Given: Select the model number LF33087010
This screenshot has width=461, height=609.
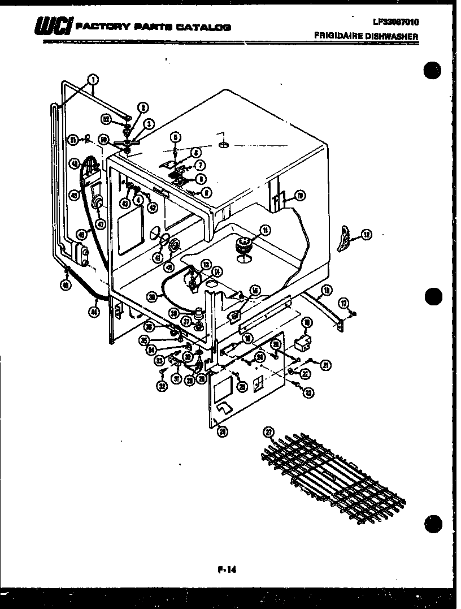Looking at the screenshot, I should pyautogui.click(x=395, y=22).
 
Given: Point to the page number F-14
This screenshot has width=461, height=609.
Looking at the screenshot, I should pyautogui.click(x=225, y=569).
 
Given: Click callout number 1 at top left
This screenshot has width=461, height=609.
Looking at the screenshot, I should pyautogui.click(x=93, y=79).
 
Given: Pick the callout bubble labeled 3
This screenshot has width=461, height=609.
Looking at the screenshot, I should pyautogui.click(x=149, y=123).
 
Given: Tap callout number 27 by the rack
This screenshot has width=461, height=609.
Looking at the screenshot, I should pyautogui.click(x=269, y=433).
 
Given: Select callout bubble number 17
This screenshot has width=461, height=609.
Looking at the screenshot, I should pyautogui.click(x=343, y=303).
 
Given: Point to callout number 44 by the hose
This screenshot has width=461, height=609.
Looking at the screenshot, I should pyautogui.click(x=94, y=310).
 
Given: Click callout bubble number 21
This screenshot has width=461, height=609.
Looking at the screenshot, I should pyautogui.click(x=325, y=365).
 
